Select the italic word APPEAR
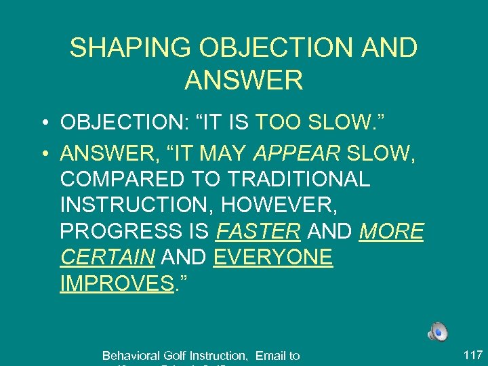[296, 153]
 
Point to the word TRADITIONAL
[299, 180]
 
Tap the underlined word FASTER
[258, 231]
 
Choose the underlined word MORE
[391, 231]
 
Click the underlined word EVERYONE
[272, 258]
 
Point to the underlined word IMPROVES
[116, 283]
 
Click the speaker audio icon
[437, 331]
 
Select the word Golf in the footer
[175, 355]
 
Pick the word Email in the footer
[270, 355]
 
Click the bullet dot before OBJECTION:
[43, 123]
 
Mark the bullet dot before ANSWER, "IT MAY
[43, 155]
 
